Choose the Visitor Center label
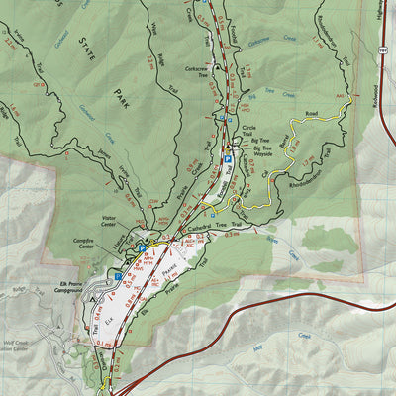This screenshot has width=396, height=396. pos(115,223)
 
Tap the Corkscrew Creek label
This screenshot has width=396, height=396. pos(260,47)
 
